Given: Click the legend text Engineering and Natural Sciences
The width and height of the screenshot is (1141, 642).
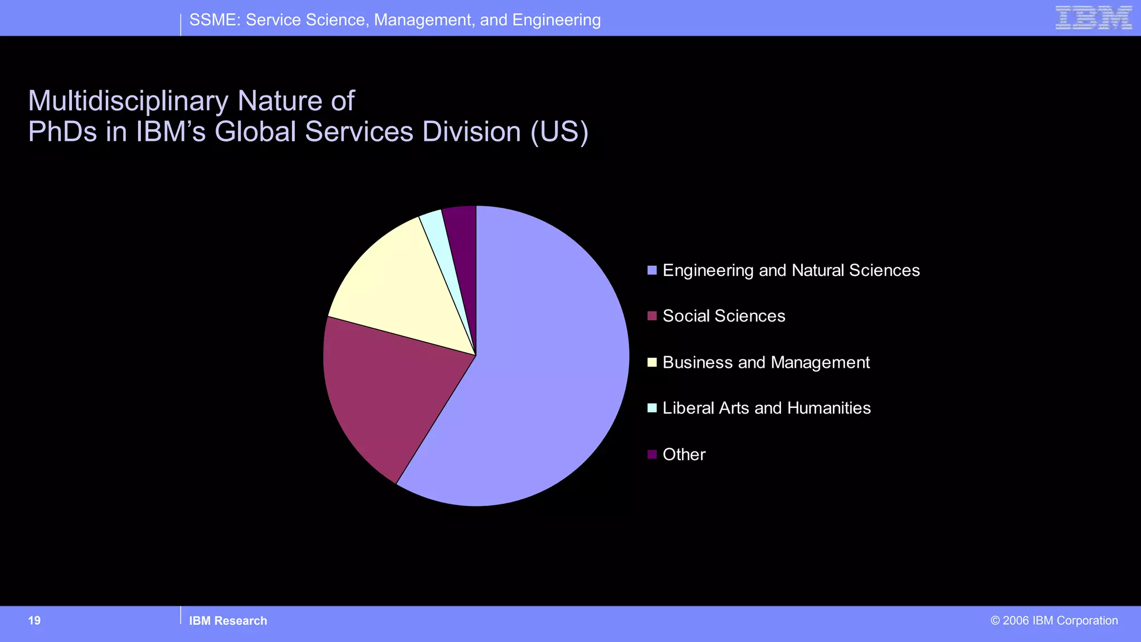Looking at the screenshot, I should [x=791, y=270].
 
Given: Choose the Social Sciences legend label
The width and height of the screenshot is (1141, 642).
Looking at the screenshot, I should [x=724, y=316].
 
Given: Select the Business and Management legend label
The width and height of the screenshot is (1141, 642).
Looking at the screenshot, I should [x=766, y=362].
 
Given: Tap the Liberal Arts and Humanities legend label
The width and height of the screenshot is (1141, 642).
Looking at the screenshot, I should [x=767, y=408].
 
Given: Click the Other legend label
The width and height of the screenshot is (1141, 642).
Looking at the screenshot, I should [x=684, y=454].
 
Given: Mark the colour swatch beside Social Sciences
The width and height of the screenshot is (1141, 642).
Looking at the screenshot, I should [x=652, y=316].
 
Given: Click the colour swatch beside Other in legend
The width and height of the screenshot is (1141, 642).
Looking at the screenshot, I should [x=652, y=454].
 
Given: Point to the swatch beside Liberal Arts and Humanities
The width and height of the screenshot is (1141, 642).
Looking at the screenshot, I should [x=652, y=408].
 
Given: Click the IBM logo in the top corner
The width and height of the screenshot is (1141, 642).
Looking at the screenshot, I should [x=1093, y=18].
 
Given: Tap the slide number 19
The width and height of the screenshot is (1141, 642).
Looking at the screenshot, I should [x=35, y=621].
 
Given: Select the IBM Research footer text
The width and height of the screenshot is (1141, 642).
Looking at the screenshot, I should [x=228, y=621].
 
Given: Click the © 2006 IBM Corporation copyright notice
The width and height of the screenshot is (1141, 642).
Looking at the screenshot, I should [x=1054, y=621].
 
